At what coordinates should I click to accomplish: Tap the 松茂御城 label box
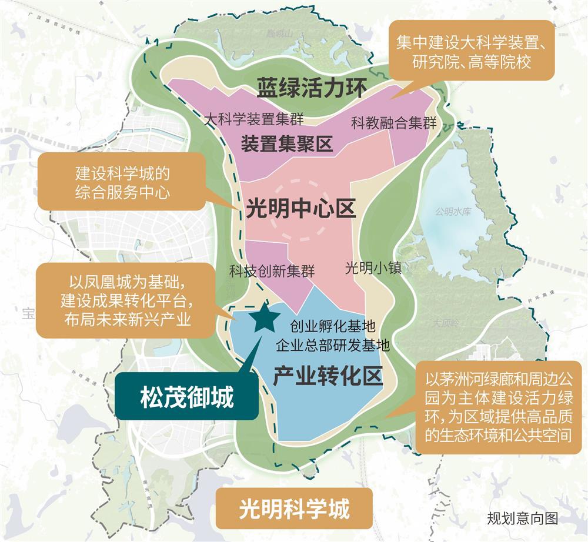pyautogui.click(x=186, y=398)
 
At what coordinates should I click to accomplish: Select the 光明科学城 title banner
pyautogui.click(x=294, y=508)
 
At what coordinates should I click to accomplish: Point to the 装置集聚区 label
pyautogui.click(x=286, y=143)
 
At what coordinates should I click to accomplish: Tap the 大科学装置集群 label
pyautogui.click(x=254, y=119)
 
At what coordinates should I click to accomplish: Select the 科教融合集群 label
pyautogui.click(x=393, y=123)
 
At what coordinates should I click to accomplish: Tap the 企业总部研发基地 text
pyautogui.click(x=333, y=345)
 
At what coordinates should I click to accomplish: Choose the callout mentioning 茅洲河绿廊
pyautogui.click(x=498, y=406)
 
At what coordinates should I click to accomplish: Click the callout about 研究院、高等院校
pyautogui.click(x=471, y=52)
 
